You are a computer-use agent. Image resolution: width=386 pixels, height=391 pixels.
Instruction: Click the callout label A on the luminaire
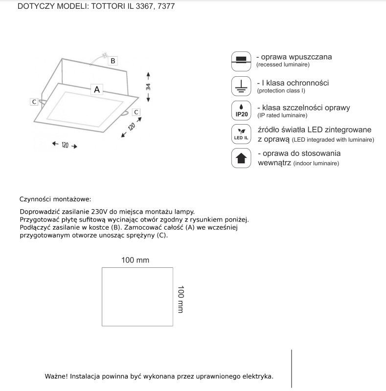click(x=97, y=89)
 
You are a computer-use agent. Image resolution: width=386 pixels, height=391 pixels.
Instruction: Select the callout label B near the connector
click(x=113, y=61)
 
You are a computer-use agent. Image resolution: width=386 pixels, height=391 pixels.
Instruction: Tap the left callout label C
click(x=34, y=102)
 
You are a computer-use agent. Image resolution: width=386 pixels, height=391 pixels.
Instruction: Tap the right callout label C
click(x=136, y=112)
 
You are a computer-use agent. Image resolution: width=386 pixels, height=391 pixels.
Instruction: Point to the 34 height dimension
click(x=148, y=87)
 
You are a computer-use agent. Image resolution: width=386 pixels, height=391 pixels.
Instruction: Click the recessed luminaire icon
click(x=240, y=60)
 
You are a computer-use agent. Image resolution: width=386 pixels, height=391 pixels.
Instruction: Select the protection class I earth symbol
click(x=240, y=86)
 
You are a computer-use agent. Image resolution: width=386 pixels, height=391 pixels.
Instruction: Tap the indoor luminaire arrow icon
click(x=240, y=158)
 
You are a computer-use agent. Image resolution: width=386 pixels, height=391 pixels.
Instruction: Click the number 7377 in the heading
click(x=165, y=7)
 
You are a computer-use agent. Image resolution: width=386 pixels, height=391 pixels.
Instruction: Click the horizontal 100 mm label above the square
click(x=135, y=260)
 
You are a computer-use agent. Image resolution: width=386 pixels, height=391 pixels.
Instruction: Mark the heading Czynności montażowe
click(x=55, y=199)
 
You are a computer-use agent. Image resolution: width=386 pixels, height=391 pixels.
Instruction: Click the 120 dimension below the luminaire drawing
click(x=65, y=146)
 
